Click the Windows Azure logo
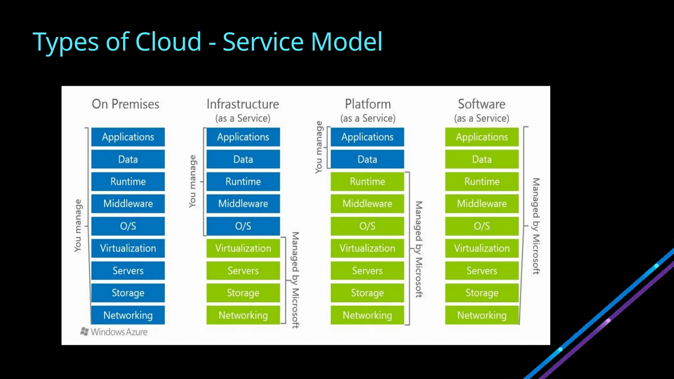point(114,332)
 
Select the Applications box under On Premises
point(128,137)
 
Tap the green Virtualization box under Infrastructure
point(243,248)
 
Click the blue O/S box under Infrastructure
point(243,226)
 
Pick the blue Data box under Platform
point(367,159)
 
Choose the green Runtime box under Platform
point(367,181)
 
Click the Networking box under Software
point(482,315)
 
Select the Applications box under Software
point(482,137)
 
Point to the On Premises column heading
point(125,104)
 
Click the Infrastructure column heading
point(243,104)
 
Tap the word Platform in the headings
point(368,104)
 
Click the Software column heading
point(482,104)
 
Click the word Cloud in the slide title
point(168,42)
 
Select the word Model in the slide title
point(347,42)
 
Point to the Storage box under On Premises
point(128,293)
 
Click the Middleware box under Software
point(482,204)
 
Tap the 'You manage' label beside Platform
point(319,147)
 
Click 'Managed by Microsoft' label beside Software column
point(536,226)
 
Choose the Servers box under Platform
point(367,270)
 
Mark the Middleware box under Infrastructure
point(243,204)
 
